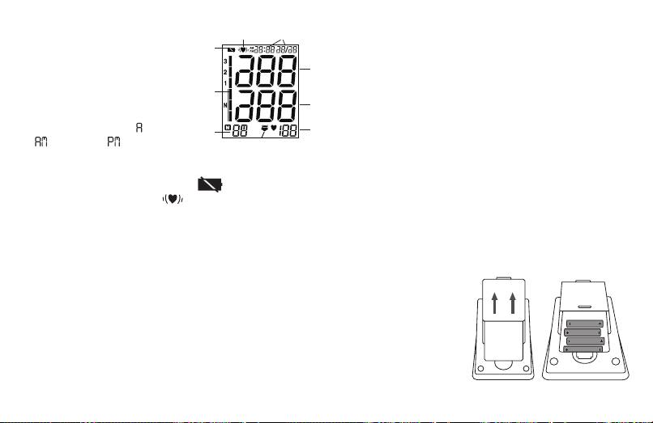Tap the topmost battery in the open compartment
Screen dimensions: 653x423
[x=586, y=324]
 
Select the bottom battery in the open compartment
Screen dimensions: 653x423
[x=586, y=349]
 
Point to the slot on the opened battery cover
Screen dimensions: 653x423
[x=586, y=307]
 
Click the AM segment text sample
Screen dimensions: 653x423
[x=41, y=142]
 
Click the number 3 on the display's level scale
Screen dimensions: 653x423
[x=224, y=61]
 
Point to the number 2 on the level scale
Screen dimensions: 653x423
[x=224, y=73]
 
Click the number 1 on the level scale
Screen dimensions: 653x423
[x=224, y=83]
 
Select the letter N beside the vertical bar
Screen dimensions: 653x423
[x=224, y=105]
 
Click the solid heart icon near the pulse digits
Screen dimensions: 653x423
[x=274, y=130]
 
